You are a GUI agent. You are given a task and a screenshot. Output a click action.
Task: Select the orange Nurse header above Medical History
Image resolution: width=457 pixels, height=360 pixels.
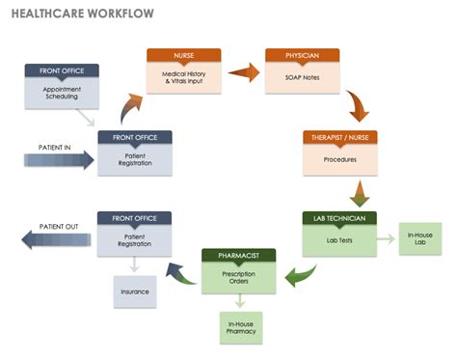tap(183, 56)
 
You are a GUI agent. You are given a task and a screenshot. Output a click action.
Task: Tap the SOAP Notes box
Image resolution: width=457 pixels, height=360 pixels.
tap(302, 78)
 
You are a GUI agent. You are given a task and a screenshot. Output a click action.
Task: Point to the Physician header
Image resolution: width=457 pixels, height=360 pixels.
tap(302, 56)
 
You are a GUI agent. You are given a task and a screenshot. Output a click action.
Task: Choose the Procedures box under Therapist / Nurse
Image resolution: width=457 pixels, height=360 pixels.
tap(340, 159)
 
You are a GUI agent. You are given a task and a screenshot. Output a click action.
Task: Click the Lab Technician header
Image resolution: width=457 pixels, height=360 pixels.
tap(340, 218)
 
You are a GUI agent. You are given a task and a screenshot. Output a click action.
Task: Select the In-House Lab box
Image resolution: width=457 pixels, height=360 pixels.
tap(420, 239)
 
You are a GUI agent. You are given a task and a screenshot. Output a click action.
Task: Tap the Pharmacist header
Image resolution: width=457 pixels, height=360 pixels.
tap(239, 256)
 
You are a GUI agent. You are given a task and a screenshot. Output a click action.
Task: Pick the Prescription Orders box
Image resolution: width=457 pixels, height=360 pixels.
tap(239, 279)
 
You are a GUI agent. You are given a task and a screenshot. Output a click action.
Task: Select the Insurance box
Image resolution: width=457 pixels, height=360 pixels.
tap(135, 291)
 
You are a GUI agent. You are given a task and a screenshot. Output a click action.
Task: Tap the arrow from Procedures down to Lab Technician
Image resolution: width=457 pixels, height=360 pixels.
tap(359, 192)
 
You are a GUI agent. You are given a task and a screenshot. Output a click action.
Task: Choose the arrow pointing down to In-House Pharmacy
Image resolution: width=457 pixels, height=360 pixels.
tap(239, 301)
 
